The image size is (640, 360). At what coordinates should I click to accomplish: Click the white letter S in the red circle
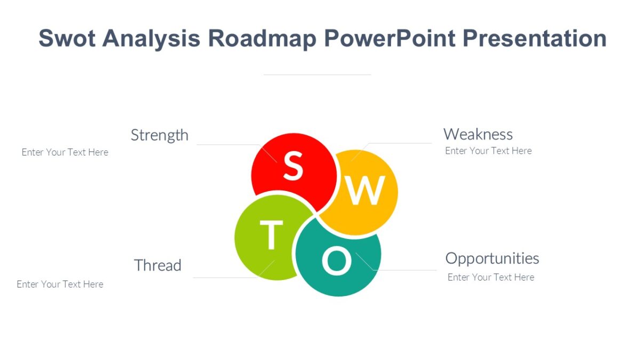pyautogui.click(x=293, y=166)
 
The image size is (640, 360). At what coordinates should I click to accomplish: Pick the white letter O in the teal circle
pyautogui.click(x=337, y=261)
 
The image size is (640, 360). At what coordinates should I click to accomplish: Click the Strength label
pyautogui.click(x=159, y=135)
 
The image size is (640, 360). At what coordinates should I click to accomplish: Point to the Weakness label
pyautogui.click(x=478, y=134)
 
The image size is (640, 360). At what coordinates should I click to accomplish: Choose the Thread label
pyautogui.click(x=157, y=265)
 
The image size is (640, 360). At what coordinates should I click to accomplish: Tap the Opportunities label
pyautogui.click(x=492, y=258)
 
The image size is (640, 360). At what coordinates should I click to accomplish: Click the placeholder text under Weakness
pyautogui.click(x=488, y=151)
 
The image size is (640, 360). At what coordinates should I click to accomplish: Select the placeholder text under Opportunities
pyautogui.click(x=491, y=277)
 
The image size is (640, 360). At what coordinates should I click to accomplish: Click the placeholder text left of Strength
pyautogui.click(x=65, y=153)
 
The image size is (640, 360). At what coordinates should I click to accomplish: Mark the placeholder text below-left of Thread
pyautogui.click(x=60, y=284)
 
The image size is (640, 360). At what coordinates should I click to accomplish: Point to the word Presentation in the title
pyautogui.click(x=534, y=38)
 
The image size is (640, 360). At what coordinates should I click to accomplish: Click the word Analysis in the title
pyautogui.click(x=151, y=38)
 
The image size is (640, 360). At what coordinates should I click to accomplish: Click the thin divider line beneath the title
pyautogui.click(x=317, y=75)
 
